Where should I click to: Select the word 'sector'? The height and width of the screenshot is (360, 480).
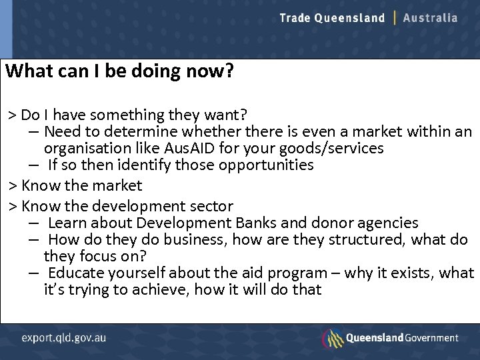(210, 206)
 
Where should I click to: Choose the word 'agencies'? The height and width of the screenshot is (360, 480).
(389, 223)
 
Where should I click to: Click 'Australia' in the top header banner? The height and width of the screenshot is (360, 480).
(430, 18)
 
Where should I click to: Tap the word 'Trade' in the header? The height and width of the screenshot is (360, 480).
(295, 18)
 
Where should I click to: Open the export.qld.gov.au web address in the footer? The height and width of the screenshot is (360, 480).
(63, 338)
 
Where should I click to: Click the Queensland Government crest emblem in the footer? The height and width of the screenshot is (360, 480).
(333, 338)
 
